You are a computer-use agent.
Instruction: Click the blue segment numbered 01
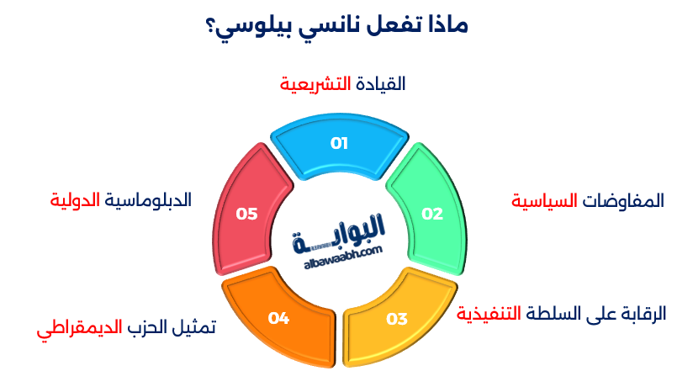point(338,144)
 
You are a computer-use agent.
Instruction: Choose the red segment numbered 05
point(246,214)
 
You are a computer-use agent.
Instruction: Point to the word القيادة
point(379,84)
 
